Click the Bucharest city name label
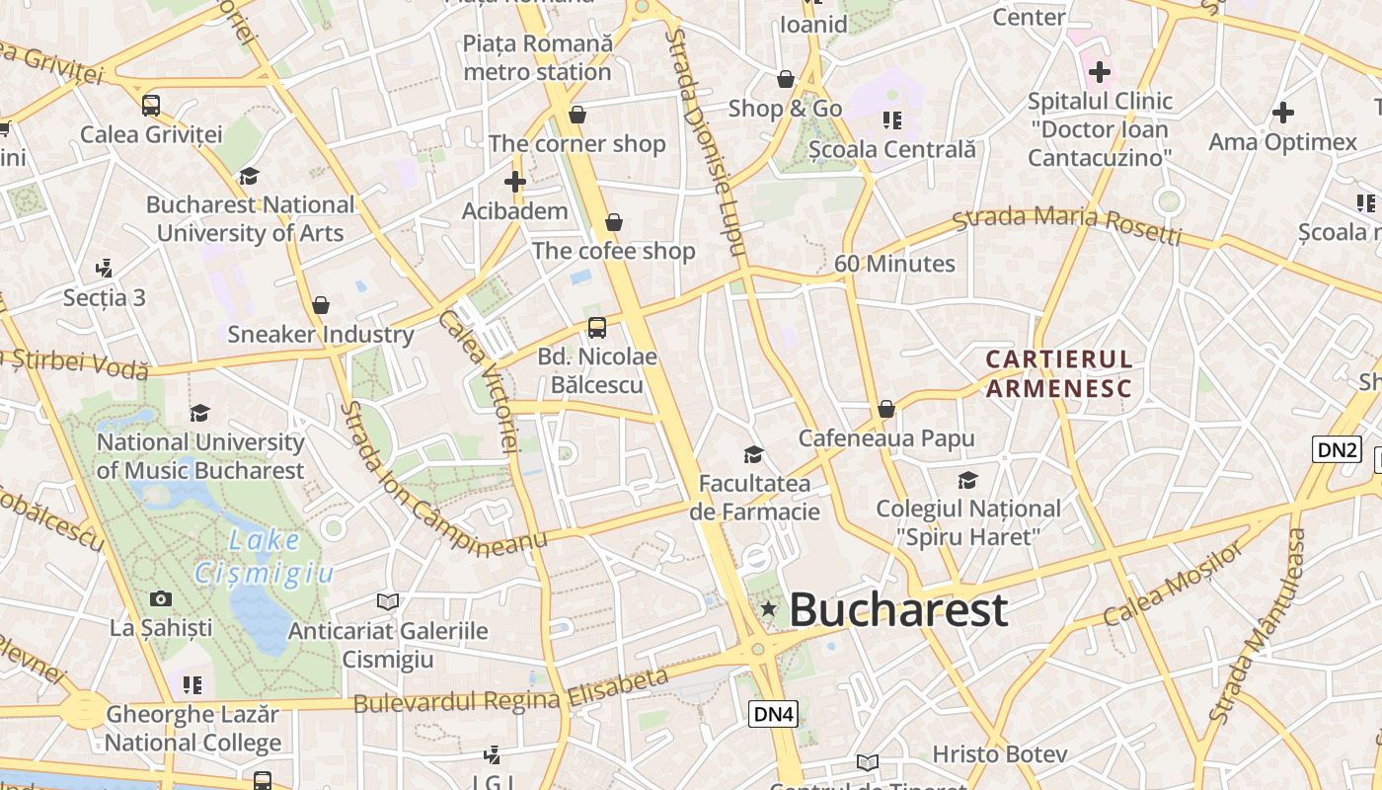(x=898, y=609)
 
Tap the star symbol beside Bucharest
(x=768, y=609)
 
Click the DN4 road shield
(x=773, y=714)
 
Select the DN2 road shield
(x=1338, y=450)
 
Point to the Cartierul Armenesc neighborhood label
(x=1059, y=373)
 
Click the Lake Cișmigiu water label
(x=265, y=556)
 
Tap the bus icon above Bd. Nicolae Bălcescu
(x=596, y=327)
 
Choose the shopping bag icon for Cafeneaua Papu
(x=886, y=409)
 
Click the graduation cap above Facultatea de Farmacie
(x=753, y=454)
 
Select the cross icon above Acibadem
(x=514, y=182)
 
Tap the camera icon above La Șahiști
(x=160, y=598)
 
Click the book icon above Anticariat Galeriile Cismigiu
(x=388, y=601)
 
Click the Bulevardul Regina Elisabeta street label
(x=510, y=693)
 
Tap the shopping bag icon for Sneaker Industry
(x=320, y=305)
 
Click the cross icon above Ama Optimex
(x=1282, y=113)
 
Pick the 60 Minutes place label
(x=894, y=264)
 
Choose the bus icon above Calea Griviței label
(x=151, y=105)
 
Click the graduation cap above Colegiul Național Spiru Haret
(x=967, y=481)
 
